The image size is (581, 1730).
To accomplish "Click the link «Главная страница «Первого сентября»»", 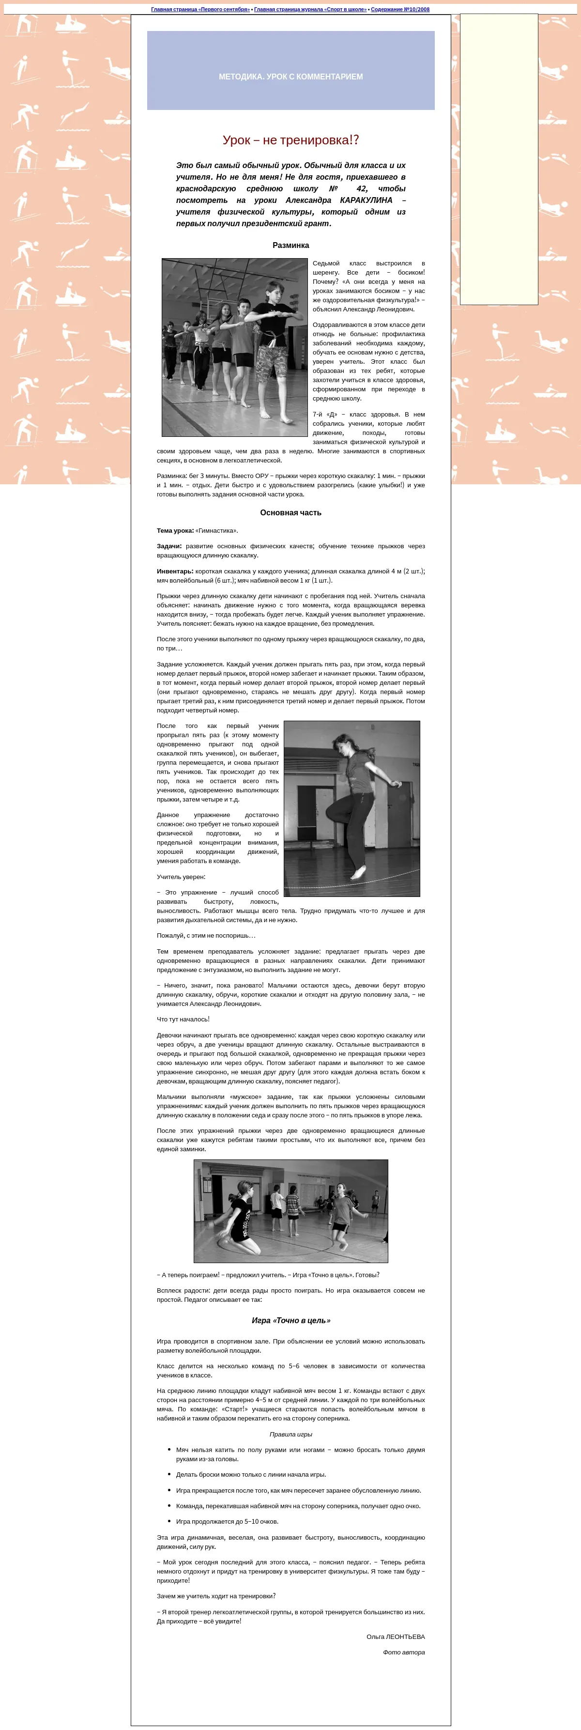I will click(x=200, y=9).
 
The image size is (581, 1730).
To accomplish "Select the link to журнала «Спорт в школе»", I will click(x=310, y=9).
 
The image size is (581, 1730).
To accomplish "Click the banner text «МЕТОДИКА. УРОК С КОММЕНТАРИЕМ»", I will click(x=290, y=77).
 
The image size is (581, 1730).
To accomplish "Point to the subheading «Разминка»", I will click(x=290, y=245).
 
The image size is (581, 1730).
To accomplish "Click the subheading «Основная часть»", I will click(x=290, y=512).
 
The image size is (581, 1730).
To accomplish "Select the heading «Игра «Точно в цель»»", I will click(x=290, y=1320).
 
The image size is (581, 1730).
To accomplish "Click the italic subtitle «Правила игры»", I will click(x=290, y=1434).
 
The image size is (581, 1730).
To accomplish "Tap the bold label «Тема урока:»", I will click(x=175, y=530).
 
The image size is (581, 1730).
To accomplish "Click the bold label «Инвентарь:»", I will click(x=175, y=571).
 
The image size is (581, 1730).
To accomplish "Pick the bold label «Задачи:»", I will click(x=169, y=546).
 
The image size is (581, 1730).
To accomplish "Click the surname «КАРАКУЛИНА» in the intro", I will click(x=366, y=200).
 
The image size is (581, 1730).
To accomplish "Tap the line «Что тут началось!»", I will click(x=183, y=1019).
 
